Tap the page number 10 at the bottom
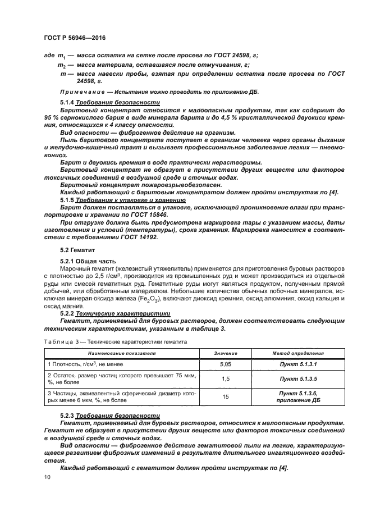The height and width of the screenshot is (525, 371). (47, 477)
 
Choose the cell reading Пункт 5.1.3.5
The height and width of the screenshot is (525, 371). (298, 379)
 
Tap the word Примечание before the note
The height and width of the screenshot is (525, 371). (79, 92)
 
